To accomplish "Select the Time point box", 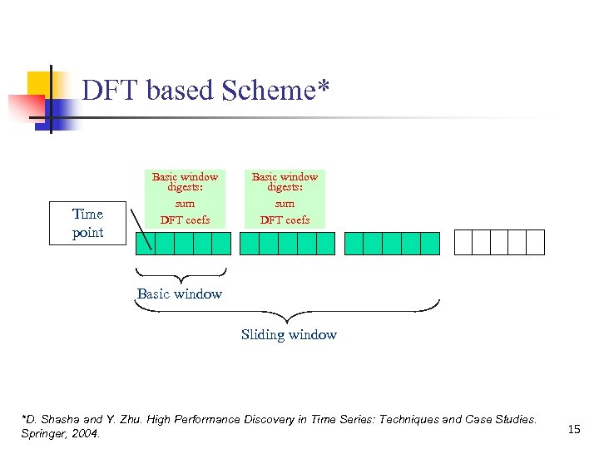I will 88,223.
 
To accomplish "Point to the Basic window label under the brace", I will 180,294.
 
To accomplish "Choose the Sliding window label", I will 289,334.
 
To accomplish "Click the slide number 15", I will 573,428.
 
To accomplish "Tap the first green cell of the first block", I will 146,243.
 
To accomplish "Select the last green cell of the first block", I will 221,243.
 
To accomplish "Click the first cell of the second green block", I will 250,243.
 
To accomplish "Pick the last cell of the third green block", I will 429,243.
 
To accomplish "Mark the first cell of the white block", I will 463,243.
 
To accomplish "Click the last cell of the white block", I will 535,243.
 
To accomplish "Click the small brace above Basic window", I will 181,275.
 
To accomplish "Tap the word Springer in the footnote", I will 47,434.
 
